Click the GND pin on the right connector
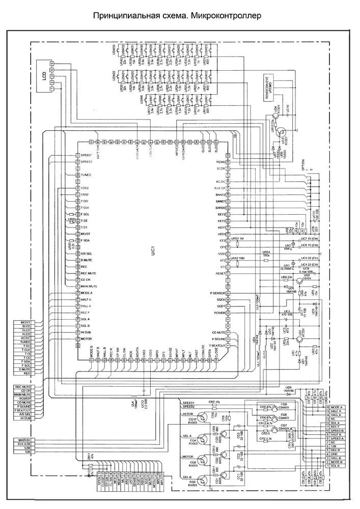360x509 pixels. (x=334, y=454)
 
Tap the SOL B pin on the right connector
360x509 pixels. (x=334, y=466)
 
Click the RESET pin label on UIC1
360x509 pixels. (x=220, y=273)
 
